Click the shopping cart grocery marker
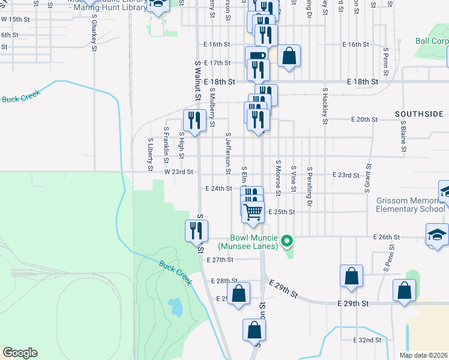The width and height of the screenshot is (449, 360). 253,211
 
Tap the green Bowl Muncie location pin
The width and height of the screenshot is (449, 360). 287,242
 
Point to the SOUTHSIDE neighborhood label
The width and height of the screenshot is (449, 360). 419,113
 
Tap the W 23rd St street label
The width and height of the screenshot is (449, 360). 178,172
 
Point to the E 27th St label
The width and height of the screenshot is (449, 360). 219,260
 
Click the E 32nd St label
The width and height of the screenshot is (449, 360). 367,340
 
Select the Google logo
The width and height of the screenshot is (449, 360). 20,353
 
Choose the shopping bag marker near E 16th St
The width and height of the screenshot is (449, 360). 289,56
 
